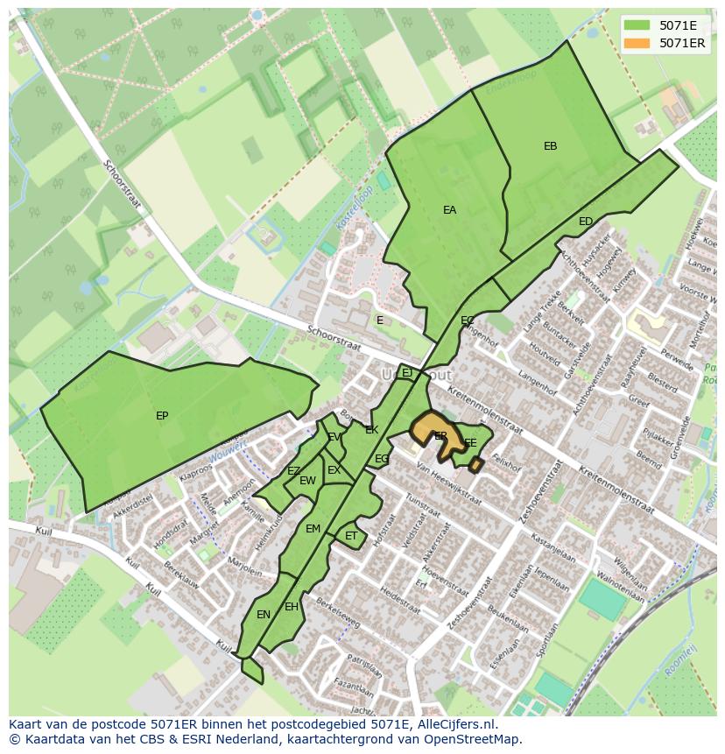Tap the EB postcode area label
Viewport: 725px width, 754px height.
[x=550, y=146]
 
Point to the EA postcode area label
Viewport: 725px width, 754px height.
[x=449, y=210]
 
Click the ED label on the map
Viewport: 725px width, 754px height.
[x=586, y=222]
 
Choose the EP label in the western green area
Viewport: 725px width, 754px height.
[x=162, y=416]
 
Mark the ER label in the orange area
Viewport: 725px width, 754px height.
[x=440, y=435]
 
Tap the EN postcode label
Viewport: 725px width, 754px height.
[x=264, y=615]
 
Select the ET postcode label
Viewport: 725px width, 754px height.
[x=351, y=536]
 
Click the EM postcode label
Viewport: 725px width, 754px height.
[x=313, y=528]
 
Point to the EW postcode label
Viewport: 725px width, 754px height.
[x=307, y=481]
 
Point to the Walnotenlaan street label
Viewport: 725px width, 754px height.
[x=617, y=587]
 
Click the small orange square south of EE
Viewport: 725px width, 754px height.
[x=475, y=464]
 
